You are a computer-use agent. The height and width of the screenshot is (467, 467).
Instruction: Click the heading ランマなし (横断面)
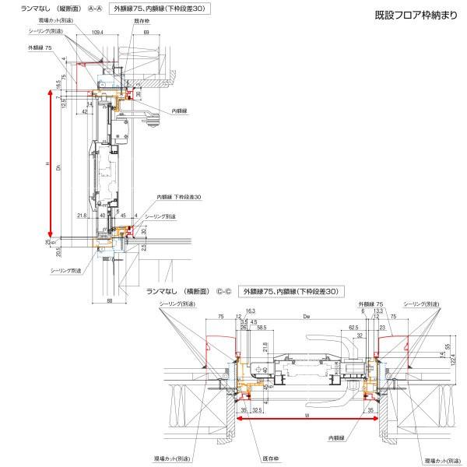[x=181, y=291]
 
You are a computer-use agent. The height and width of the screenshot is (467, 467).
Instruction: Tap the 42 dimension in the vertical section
[x=83, y=111]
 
